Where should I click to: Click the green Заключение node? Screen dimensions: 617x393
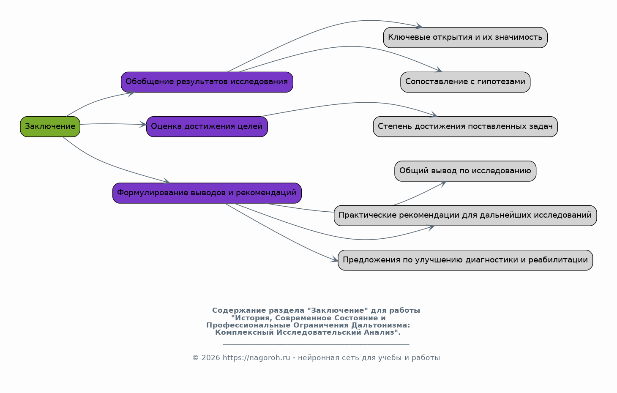[x=50, y=127]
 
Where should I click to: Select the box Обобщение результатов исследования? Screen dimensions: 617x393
[x=207, y=82]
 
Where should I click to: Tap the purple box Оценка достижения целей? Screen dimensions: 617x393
[x=207, y=127]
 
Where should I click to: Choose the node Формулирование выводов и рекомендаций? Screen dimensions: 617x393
[x=207, y=193]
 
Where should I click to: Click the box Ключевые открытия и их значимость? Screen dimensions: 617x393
[x=465, y=38]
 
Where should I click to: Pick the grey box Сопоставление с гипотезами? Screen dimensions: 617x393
[x=465, y=82]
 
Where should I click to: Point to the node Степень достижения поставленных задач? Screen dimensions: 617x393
[x=465, y=127]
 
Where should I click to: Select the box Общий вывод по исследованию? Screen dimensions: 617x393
[x=465, y=171]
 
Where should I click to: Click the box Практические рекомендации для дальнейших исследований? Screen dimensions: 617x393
[x=465, y=216]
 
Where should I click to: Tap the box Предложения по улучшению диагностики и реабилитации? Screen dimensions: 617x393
[x=465, y=260]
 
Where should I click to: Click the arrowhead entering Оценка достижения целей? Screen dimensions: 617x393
[x=143, y=125]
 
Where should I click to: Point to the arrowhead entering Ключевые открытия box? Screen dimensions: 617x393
[x=419, y=26]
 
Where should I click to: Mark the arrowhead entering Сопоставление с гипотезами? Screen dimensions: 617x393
[x=439, y=70]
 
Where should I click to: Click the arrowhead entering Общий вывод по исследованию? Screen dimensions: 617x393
[x=442, y=184]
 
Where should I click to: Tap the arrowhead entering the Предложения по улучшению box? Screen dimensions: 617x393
[x=334, y=259]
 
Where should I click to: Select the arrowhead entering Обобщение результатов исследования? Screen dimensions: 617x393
[x=131, y=93]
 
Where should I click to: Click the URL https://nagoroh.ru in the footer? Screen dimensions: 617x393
[x=256, y=358]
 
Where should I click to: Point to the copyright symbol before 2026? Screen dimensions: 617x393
[x=195, y=358]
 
